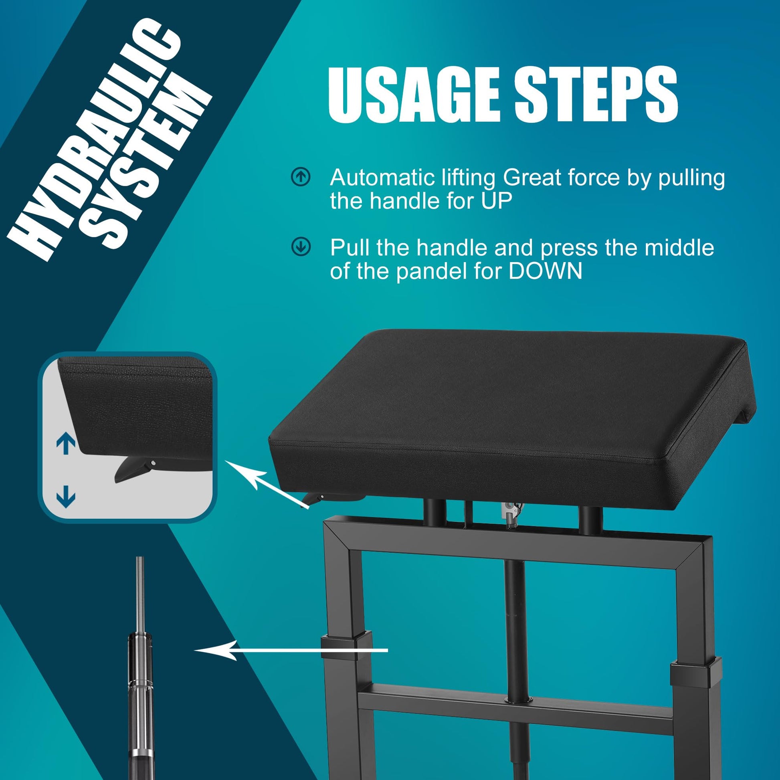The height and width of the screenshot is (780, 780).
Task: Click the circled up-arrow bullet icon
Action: [301, 178]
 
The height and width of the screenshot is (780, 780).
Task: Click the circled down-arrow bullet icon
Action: [301, 247]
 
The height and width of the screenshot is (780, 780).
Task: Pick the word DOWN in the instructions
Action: [546, 271]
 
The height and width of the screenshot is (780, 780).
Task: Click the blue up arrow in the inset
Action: [66, 444]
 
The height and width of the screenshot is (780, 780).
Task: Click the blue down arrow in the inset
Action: [66, 496]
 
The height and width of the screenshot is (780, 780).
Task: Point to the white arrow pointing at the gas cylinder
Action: [291, 651]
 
